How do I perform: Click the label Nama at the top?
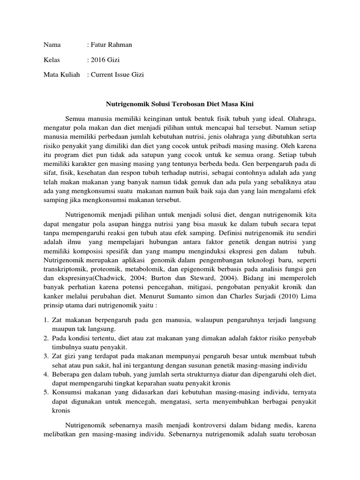click(52, 45)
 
